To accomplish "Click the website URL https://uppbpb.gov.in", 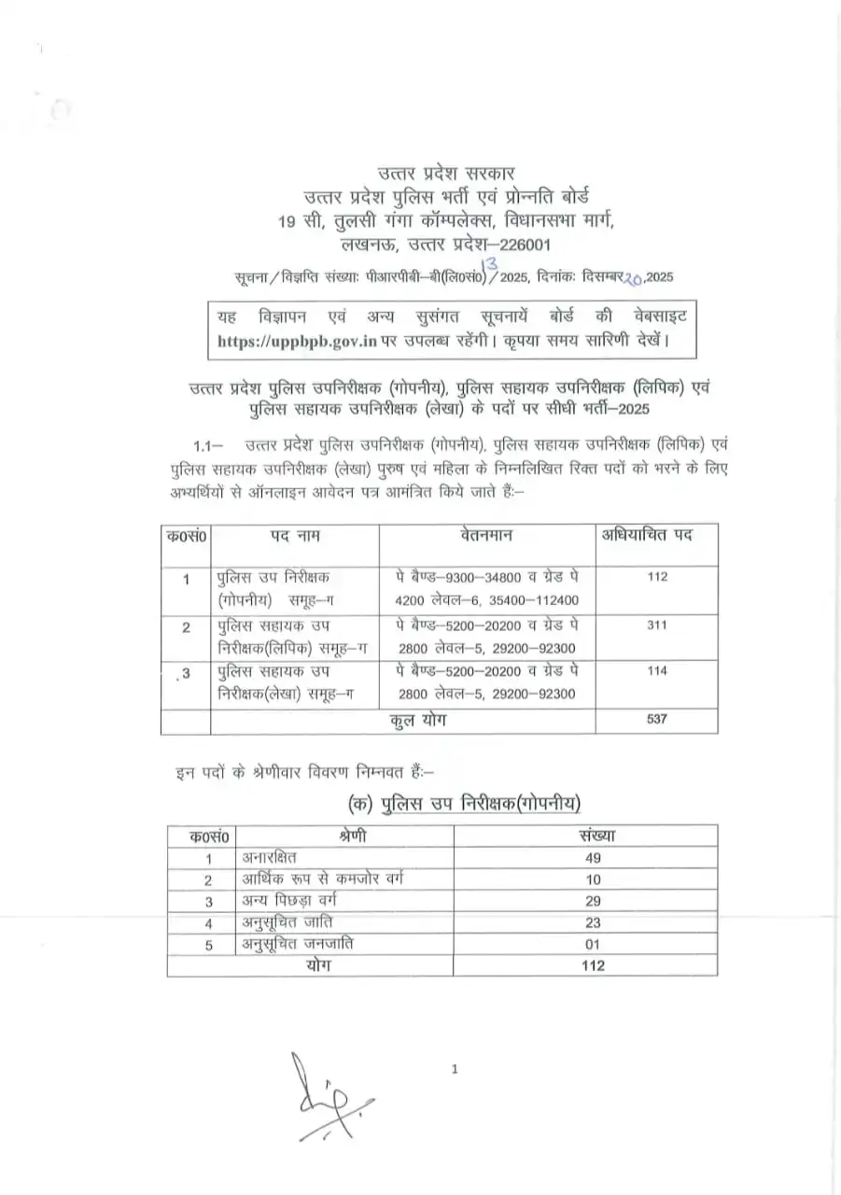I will click(x=297, y=342).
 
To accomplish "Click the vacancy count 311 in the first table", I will click(x=656, y=626).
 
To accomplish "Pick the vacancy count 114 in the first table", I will click(x=656, y=671).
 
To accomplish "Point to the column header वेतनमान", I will click(x=486, y=536).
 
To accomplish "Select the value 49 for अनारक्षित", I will click(x=592, y=858).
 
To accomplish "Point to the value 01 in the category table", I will click(x=592, y=945).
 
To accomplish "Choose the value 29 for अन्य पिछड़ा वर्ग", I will click(x=592, y=901).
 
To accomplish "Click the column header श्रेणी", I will click(x=348, y=836).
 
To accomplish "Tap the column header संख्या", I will click(x=592, y=836).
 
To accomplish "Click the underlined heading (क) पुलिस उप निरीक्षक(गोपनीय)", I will click(x=464, y=803).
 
